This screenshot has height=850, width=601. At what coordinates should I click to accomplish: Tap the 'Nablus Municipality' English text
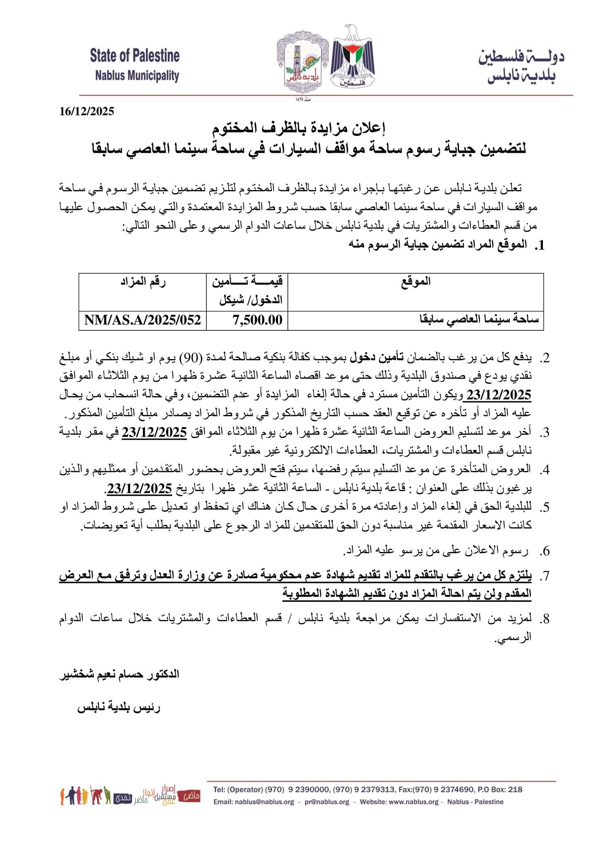tap(137, 76)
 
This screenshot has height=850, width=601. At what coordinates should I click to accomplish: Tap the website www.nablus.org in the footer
tap(410, 802)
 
